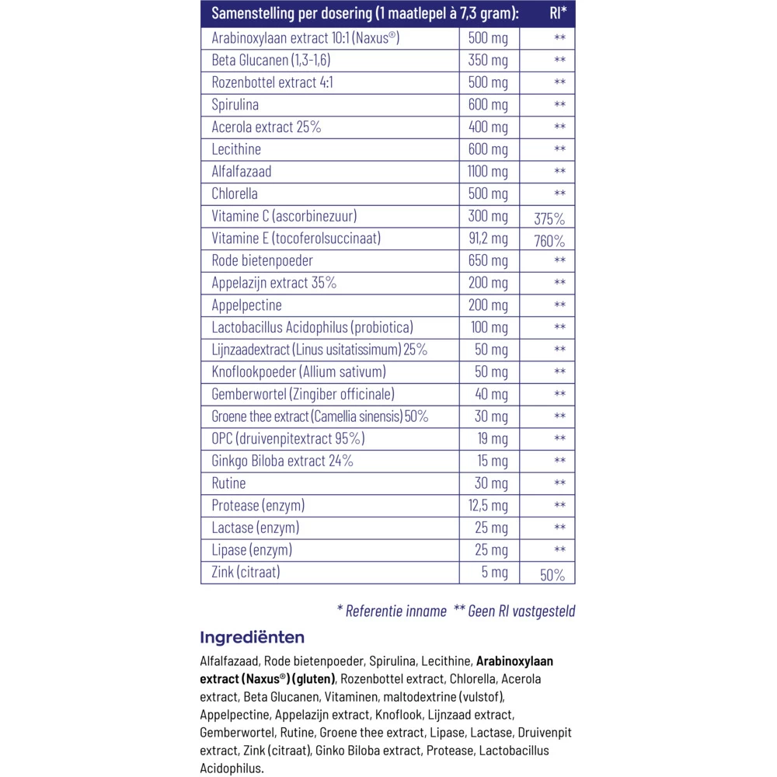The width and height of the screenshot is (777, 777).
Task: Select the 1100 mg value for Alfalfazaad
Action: point(488,172)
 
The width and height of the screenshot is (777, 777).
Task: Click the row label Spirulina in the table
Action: point(235,105)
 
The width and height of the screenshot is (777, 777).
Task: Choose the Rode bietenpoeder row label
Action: point(263,260)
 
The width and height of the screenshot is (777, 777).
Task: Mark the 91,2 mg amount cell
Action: point(488,239)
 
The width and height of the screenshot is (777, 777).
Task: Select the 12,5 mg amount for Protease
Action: point(488,506)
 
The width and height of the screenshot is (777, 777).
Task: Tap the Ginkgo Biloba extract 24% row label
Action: point(282,461)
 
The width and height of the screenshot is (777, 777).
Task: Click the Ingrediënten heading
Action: point(252,638)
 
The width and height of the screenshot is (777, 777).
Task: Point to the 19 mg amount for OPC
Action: point(493,439)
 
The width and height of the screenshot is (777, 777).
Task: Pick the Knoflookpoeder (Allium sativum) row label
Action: point(298,372)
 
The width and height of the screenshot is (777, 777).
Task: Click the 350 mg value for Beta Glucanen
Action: point(488,60)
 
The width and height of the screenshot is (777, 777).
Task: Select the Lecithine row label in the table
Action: point(236,149)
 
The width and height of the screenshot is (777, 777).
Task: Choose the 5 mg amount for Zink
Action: point(496,573)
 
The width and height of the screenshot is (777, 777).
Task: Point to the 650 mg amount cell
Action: point(488,260)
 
